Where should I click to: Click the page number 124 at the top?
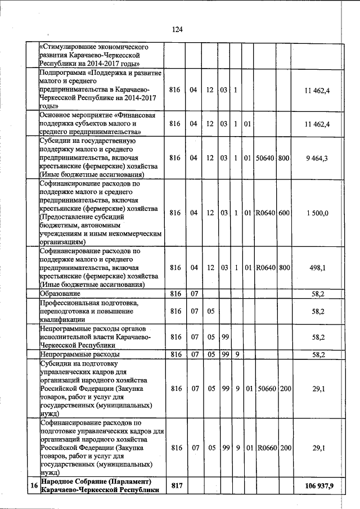click(x=179, y=29)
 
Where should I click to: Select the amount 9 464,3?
click(x=318, y=158)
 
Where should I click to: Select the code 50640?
click(x=264, y=158)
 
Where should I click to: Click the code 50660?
click(x=264, y=388)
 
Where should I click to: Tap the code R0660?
click(x=264, y=448)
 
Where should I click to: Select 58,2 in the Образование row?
click(x=319, y=294)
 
